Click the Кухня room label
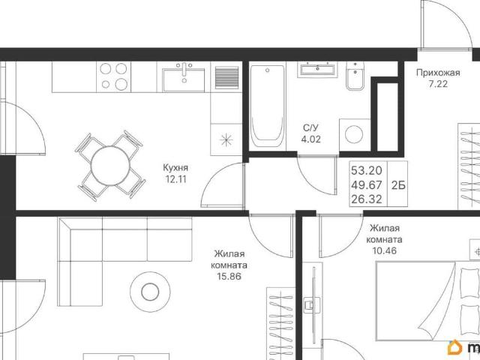(x=175, y=168)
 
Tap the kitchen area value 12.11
(x=175, y=179)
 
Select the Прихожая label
(x=438, y=73)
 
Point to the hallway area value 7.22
(x=438, y=84)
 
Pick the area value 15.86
(x=229, y=277)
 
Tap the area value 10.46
(x=385, y=250)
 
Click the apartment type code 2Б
(x=398, y=185)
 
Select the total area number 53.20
(x=367, y=170)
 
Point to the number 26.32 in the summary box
(x=367, y=199)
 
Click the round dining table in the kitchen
(x=110, y=166)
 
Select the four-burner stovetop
(x=113, y=76)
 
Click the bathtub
(x=268, y=106)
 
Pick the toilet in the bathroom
(x=355, y=76)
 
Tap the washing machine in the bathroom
(x=355, y=134)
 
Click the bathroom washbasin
(x=317, y=70)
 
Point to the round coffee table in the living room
(x=150, y=292)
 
